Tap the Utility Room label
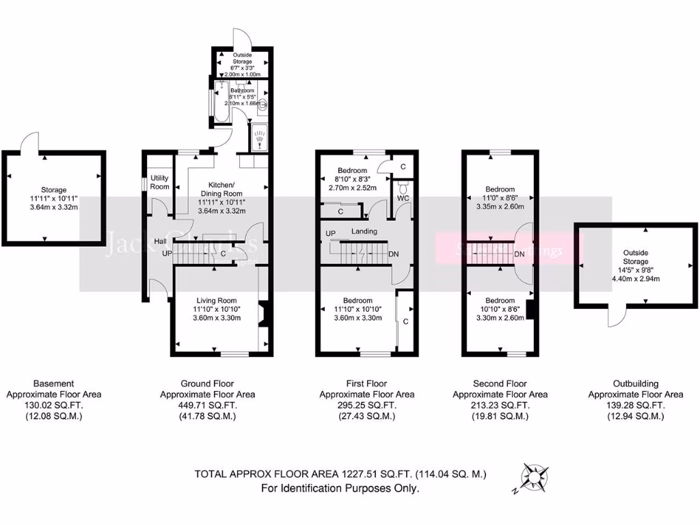point(159,183)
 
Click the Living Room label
point(216,301)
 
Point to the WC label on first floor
point(403,198)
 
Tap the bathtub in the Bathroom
point(221,103)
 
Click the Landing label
point(364,232)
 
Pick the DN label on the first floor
point(394,254)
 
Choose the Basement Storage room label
point(53,190)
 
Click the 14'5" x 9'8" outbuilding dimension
point(635,269)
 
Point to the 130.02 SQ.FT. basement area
point(53,405)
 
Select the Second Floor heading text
point(500,384)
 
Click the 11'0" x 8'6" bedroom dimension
point(500,198)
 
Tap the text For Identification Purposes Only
point(340,488)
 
